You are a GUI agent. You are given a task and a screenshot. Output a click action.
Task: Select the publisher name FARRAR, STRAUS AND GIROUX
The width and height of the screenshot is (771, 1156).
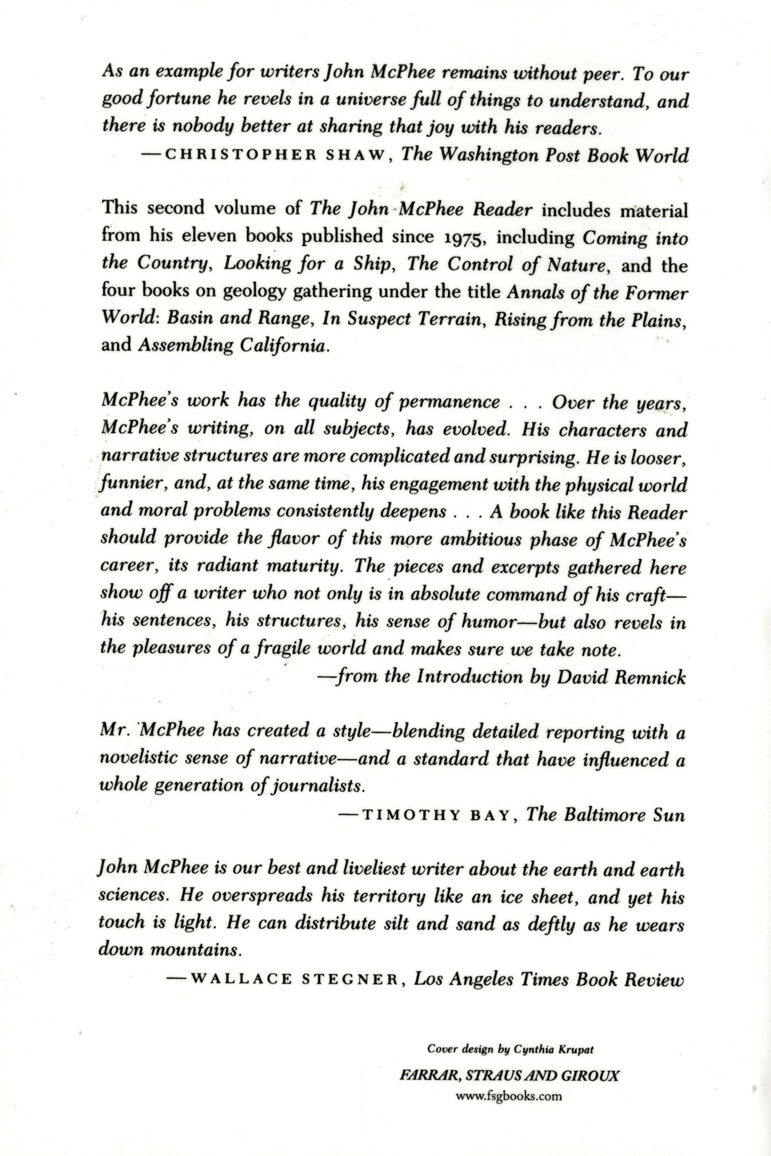(x=509, y=1075)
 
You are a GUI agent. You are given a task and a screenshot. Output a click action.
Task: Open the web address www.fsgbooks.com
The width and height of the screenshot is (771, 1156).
(x=509, y=1095)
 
